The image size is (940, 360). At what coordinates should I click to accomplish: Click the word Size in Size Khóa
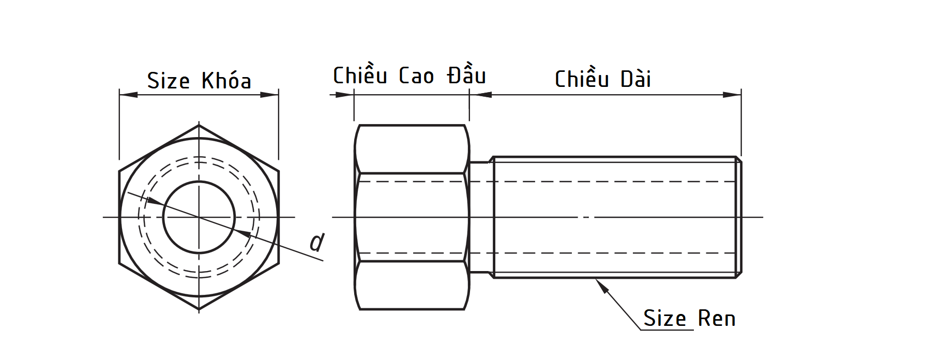[168, 81]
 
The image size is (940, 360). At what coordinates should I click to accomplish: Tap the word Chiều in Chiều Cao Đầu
[360, 76]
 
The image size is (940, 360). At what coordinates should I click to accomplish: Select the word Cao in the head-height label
[416, 77]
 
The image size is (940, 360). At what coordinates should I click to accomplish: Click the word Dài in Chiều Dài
[635, 79]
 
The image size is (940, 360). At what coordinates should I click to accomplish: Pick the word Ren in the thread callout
[716, 319]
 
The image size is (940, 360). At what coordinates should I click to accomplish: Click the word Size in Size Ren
[664, 319]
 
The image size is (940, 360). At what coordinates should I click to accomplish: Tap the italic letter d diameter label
[316, 242]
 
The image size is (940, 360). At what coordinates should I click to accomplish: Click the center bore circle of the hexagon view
[199, 217]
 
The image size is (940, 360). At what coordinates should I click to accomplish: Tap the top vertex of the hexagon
[199, 125]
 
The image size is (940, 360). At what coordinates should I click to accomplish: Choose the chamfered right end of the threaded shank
[738, 217]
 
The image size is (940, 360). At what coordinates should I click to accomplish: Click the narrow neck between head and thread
[480, 217]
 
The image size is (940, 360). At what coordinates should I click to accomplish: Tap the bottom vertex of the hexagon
[199, 309]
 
